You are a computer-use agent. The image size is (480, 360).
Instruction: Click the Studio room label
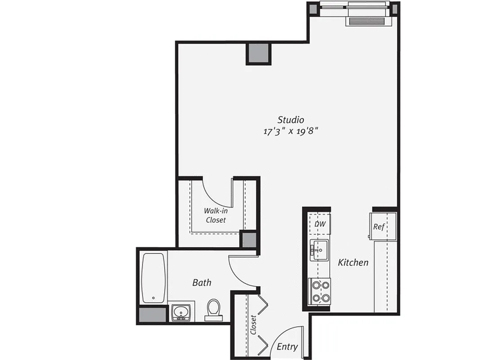point(291,120)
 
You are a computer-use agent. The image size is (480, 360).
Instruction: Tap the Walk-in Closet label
point(215,215)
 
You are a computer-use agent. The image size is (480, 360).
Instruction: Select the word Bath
point(202,283)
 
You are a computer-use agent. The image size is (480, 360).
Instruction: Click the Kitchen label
point(353,262)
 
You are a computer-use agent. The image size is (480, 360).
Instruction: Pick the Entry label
point(287,346)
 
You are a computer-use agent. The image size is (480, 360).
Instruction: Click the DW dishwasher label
point(320,224)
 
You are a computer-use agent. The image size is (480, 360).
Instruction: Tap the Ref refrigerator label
point(379,226)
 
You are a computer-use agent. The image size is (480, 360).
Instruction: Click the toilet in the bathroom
point(213,310)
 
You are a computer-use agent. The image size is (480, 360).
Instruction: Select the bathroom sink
point(181,312)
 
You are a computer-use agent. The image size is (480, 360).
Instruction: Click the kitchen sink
point(320,249)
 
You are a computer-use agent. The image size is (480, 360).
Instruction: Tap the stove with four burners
point(320,291)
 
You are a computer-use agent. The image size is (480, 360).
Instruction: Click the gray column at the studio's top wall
point(259,54)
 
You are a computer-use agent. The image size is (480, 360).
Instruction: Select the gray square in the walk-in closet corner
point(248,239)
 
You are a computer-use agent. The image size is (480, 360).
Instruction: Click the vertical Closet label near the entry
point(253,325)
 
